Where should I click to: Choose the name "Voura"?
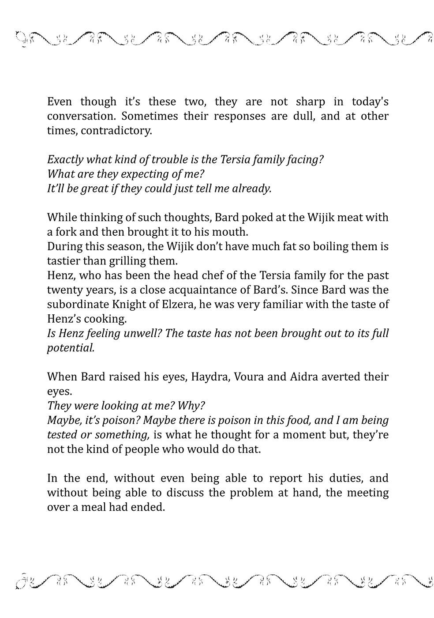click(249, 377)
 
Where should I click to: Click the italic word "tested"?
click(61, 435)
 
